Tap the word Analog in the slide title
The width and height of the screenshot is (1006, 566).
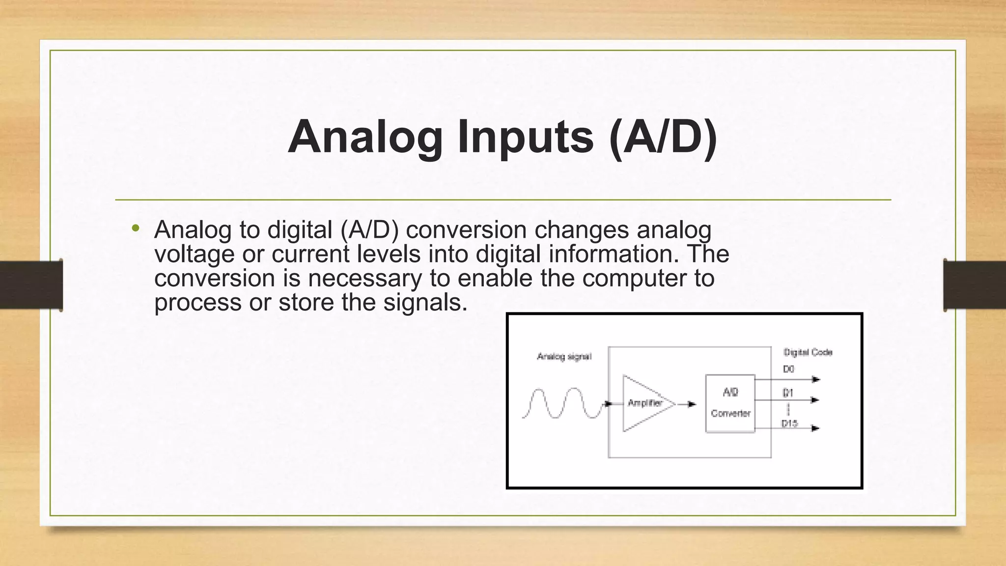click(365, 137)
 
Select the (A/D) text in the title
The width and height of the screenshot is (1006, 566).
click(663, 137)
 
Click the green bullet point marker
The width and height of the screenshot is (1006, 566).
click(136, 228)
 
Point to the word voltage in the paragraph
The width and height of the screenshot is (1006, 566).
click(194, 255)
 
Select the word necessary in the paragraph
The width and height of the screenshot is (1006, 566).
click(365, 278)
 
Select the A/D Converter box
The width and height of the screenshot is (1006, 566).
click(730, 403)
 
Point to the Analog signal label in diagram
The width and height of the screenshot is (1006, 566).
click(564, 356)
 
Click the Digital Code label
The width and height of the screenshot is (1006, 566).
click(808, 352)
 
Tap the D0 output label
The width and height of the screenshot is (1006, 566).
click(788, 369)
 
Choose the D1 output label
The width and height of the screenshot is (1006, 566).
click(787, 393)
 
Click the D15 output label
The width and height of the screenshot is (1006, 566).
click(789, 423)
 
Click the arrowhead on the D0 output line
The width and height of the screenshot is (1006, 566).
click(816, 379)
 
